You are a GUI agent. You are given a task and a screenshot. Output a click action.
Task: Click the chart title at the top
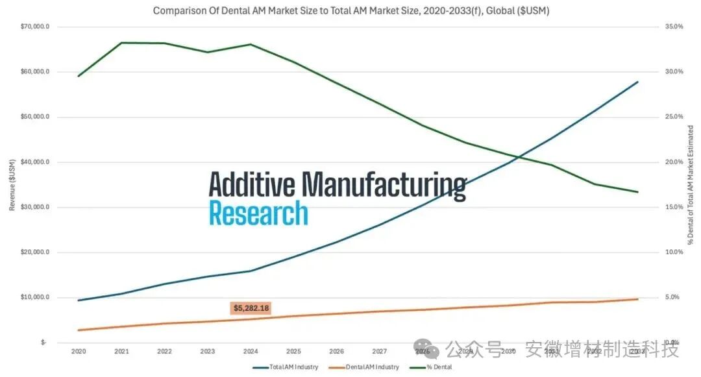click(350, 11)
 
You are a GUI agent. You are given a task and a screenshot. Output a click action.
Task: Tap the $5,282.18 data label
click(251, 308)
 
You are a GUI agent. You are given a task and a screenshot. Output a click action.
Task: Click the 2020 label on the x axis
click(78, 351)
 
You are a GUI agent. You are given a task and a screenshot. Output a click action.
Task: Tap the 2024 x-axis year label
click(251, 351)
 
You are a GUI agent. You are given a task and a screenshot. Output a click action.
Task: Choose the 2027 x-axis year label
click(380, 351)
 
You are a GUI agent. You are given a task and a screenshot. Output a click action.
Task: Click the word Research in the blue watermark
click(258, 213)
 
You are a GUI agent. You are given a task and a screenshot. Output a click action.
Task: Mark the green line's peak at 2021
click(121, 43)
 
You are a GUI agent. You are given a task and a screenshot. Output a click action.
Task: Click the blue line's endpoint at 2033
click(638, 82)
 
